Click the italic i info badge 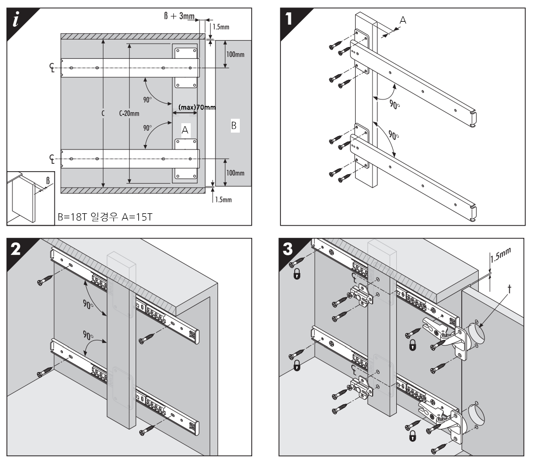[x=17, y=18]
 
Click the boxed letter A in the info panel [x=185, y=130]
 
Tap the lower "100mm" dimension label [x=235, y=173]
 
